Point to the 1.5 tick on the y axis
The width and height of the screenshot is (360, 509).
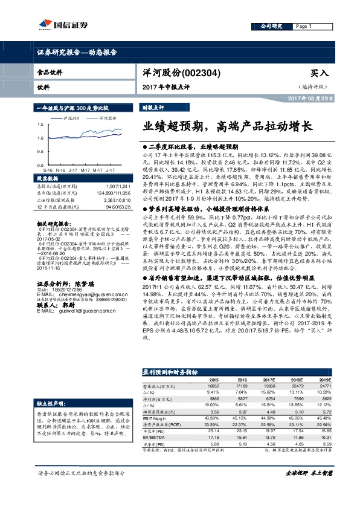40,125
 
